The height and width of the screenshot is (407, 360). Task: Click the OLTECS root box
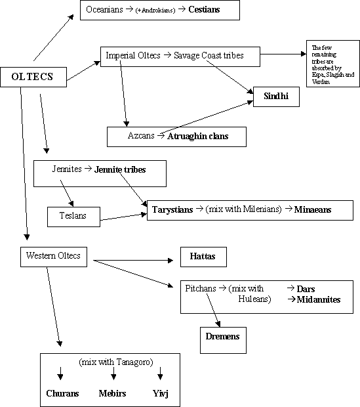pyautogui.click(x=33, y=77)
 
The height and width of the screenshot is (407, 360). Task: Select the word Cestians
pyautogui.click(x=204, y=10)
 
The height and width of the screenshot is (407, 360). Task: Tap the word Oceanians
pyautogui.click(x=104, y=10)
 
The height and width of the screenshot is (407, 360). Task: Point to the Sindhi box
pyautogui.click(x=276, y=96)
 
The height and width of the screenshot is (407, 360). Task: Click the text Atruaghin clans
pyautogui.click(x=197, y=137)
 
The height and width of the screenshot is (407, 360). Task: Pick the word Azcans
pyautogui.click(x=141, y=135)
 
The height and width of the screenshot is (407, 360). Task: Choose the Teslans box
pyautogui.click(x=73, y=217)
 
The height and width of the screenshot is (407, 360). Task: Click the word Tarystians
pyautogui.click(x=172, y=209)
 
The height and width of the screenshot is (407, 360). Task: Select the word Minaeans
pyautogui.click(x=313, y=209)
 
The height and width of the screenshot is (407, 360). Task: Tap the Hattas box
pyautogui.click(x=203, y=257)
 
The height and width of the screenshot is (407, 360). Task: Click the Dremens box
pyautogui.click(x=223, y=340)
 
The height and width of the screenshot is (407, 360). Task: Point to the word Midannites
pyautogui.click(x=319, y=299)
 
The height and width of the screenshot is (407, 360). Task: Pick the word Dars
pyautogui.click(x=306, y=289)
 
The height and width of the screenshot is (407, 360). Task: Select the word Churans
pyautogui.click(x=62, y=393)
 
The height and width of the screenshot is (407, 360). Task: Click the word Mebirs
pyautogui.click(x=112, y=393)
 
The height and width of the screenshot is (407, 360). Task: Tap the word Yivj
pyautogui.click(x=161, y=394)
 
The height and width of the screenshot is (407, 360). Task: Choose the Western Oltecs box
pyautogui.click(x=54, y=257)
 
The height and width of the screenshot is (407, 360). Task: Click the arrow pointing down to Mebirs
pyautogui.click(x=113, y=374)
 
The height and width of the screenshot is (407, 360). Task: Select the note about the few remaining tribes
pyautogui.click(x=333, y=64)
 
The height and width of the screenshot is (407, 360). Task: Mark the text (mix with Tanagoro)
pyautogui.click(x=116, y=362)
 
